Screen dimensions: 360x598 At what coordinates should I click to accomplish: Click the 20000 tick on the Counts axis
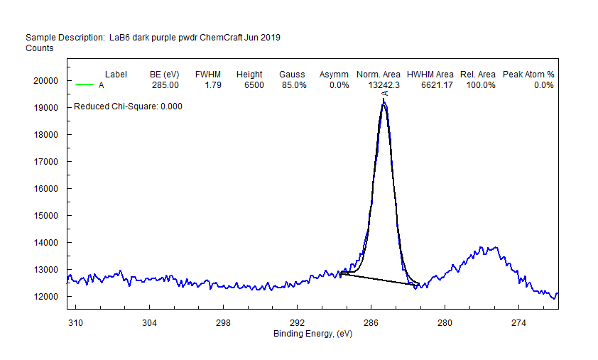click(x=46, y=81)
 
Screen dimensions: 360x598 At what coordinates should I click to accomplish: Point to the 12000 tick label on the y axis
click(x=46, y=297)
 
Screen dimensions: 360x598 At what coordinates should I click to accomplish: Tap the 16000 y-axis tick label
click(x=46, y=189)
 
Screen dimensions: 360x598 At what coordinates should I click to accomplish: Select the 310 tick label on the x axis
click(x=75, y=323)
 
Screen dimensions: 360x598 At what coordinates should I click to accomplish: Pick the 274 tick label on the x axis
click(x=518, y=323)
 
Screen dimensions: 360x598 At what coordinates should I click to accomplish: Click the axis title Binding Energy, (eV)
click(x=312, y=334)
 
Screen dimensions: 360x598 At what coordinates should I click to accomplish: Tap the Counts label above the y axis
click(x=39, y=48)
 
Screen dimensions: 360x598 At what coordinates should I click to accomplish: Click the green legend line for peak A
click(x=85, y=85)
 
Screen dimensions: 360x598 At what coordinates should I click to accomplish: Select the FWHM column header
click(x=208, y=75)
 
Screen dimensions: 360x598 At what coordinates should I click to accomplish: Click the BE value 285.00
click(x=165, y=85)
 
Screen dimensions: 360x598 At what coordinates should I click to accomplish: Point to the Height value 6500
click(x=254, y=85)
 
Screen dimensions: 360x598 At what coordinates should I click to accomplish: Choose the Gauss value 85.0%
click(x=293, y=85)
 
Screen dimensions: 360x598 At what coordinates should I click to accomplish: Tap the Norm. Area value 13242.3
click(x=384, y=85)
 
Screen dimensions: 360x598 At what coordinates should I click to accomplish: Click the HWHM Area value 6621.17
click(x=435, y=85)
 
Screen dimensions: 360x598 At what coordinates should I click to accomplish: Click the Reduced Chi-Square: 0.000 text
click(x=129, y=107)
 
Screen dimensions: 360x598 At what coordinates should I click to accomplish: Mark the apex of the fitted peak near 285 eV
click(x=384, y=104)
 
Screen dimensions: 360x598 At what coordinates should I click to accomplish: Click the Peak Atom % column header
click(x=528, y=75)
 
